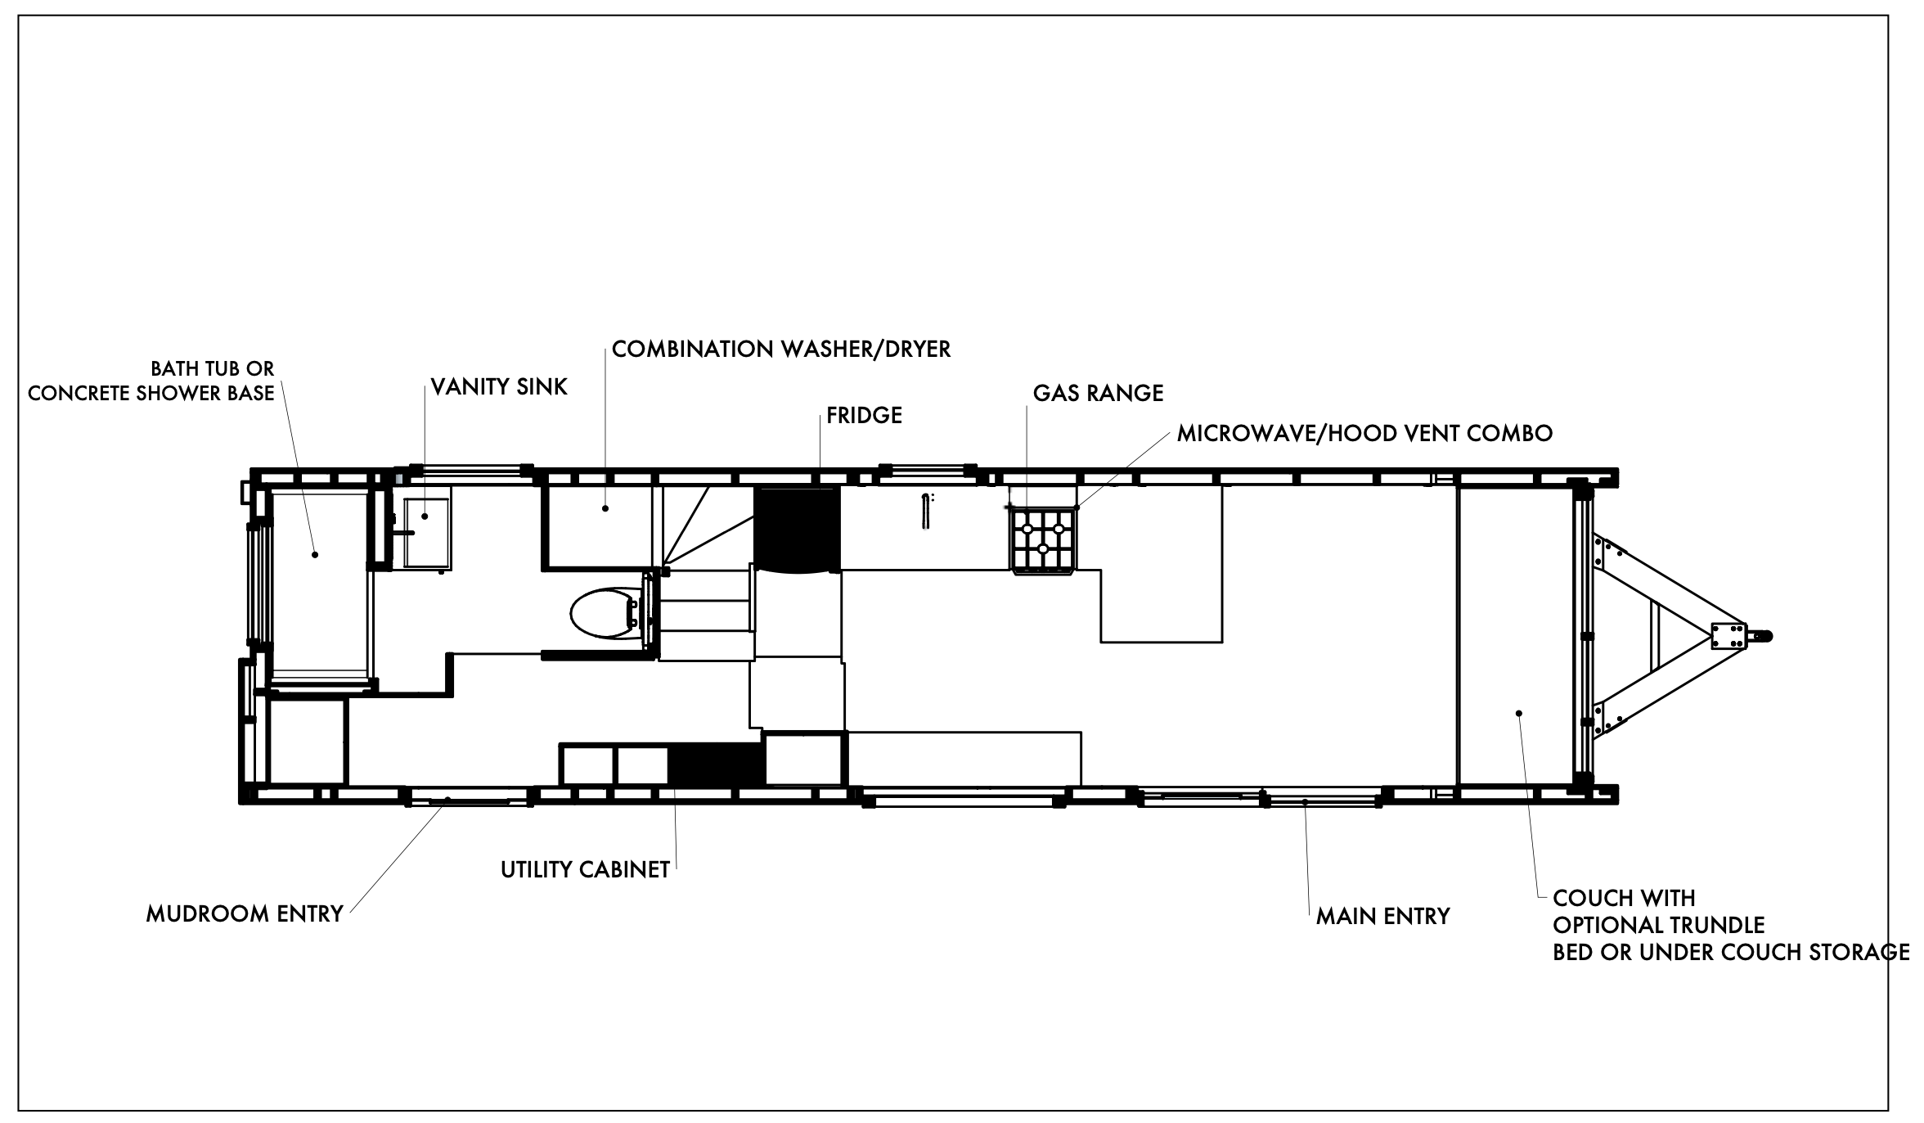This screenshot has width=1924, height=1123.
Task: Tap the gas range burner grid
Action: pyautogui.click(x=1043, y=539)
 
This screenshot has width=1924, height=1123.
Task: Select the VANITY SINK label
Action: pyautogui.click(x=499, y=386)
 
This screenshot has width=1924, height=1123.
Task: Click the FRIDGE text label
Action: pyautogui.click(x=864, y=415)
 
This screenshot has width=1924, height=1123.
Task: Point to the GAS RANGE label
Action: pyautogui.click(x=1098, y=393)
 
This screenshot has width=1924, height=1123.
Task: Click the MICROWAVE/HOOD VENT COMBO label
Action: pyautogui.click(x=1364, y=433)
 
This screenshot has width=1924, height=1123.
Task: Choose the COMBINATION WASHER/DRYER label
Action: pyautogui.click(x=781, y=350)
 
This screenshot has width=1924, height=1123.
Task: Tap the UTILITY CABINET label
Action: pyautogui.click(x=586, y=869)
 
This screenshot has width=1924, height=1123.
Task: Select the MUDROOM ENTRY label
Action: pyautogui.click(x=245, y=913)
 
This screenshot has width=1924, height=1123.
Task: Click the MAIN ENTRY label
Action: pyautogui.click(x=1382, y=916)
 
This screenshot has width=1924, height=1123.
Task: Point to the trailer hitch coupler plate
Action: pyautogui.click(x=1728, y=635)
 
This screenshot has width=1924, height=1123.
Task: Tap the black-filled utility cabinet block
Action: pyautogui.click(x=717, y=764)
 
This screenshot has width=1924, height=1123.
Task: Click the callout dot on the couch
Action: pyautogui.click(x=1519, y=713)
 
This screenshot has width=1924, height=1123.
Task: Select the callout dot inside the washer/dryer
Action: pyautogui.click(x=605, y=508)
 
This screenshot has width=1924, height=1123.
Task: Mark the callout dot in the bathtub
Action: pyautogui.click(x=315, y=555)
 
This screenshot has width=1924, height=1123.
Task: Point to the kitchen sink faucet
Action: pyautogui.click(x=926, y=512)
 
